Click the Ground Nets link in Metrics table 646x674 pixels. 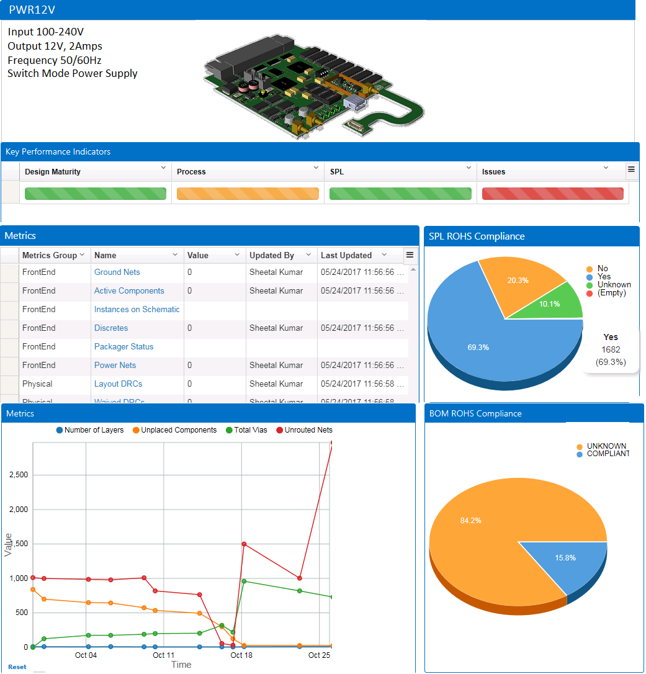point(117,272)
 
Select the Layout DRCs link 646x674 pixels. point(118,384)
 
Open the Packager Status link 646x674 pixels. point(123,347)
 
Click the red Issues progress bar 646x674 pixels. point(552,194)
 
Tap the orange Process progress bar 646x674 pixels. point(248,194)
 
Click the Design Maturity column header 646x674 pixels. point(53,172)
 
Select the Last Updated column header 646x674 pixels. point(346,255)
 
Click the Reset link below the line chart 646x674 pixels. point(17,667)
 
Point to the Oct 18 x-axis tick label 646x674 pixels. point(241,655)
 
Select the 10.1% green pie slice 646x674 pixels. point(559,302)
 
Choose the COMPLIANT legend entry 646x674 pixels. point(607,454)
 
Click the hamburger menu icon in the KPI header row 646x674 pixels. point(631,169)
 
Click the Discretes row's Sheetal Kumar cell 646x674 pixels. point(276,328)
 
